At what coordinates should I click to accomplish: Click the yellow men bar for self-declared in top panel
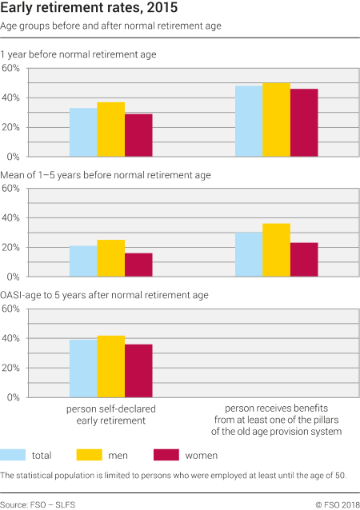(x=111, y=129)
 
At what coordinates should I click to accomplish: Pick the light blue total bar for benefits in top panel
(x=249, y=121)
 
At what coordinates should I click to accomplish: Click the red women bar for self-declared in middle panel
(x=138, y=265)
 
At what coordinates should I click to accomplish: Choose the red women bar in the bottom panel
(x=138, y=370)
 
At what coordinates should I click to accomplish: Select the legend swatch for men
(x=89, y=455)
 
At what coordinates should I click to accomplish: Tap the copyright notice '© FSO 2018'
(x=337, y=503)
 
